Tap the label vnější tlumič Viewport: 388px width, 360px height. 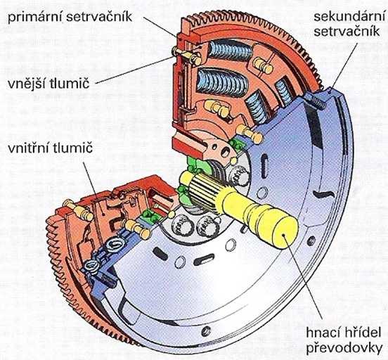coord(48,84)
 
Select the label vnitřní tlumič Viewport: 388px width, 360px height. coord(50,148)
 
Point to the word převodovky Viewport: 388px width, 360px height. coord(344,347)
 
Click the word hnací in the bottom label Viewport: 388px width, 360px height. coord(322,333)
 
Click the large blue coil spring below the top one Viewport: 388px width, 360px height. coord(222,82)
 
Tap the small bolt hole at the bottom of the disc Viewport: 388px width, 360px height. coord(206,331)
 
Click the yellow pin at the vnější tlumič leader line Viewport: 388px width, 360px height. coord(187,56)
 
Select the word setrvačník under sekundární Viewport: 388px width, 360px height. coord(347,32)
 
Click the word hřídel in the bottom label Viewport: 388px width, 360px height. coord(361,333)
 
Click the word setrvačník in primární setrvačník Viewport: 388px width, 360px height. coord(99,18)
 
